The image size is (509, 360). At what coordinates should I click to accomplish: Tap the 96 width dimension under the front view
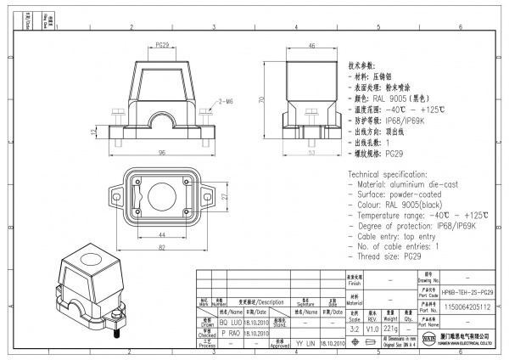[161, 153]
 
